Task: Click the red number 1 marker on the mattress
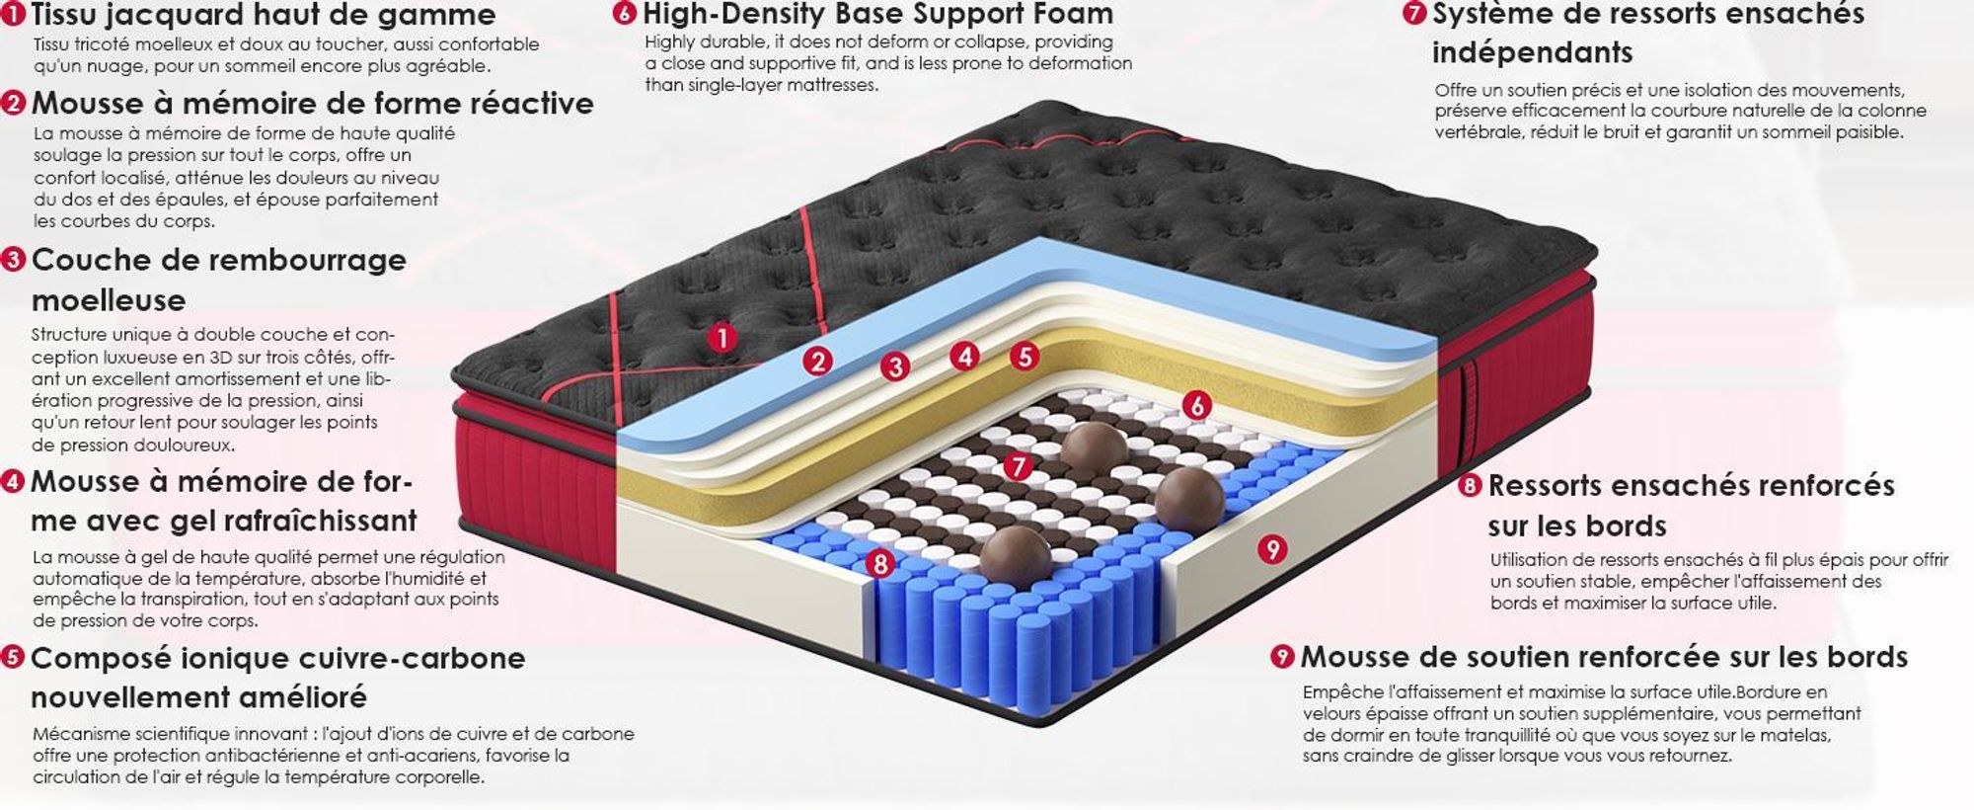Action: pos(722,339)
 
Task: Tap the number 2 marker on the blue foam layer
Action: pos(817,362)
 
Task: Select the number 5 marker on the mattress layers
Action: pos(1025,356)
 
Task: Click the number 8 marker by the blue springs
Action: pos(879,564)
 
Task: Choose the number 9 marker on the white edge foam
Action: pos(1272,549)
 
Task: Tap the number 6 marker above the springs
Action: pos(1196,405)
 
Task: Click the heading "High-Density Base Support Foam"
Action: pos(877,14)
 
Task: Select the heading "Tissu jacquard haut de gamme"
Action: pos(264,15)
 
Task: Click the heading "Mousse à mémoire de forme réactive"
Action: pos(313,104)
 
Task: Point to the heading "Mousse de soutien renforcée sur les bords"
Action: pos(1604,657)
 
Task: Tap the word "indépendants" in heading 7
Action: pos(1532,52)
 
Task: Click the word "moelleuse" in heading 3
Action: pos(109,299)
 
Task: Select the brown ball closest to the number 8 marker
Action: pos(1015,555)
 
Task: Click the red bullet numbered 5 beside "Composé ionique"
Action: pos(13,658)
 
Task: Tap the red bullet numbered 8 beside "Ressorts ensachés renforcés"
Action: pos(1471,485)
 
